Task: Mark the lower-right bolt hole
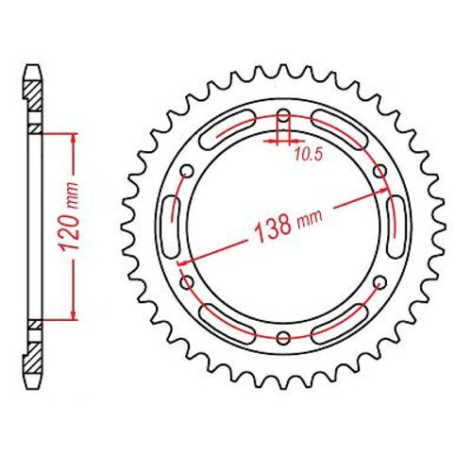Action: (x=379, y=282)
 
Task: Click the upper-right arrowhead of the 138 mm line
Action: (x=387, y=196)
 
